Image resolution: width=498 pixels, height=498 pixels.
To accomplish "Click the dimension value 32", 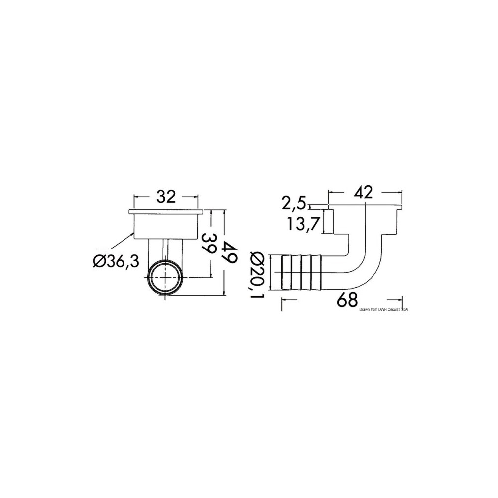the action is pos(166,197).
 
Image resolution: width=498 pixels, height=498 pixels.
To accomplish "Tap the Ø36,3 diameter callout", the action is pos(116,262).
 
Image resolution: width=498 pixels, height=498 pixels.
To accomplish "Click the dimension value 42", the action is pos(363,192).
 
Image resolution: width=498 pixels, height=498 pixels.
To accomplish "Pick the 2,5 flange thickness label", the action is pos(294,203).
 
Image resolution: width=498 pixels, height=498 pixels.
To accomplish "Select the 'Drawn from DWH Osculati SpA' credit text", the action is pos(383,309).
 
